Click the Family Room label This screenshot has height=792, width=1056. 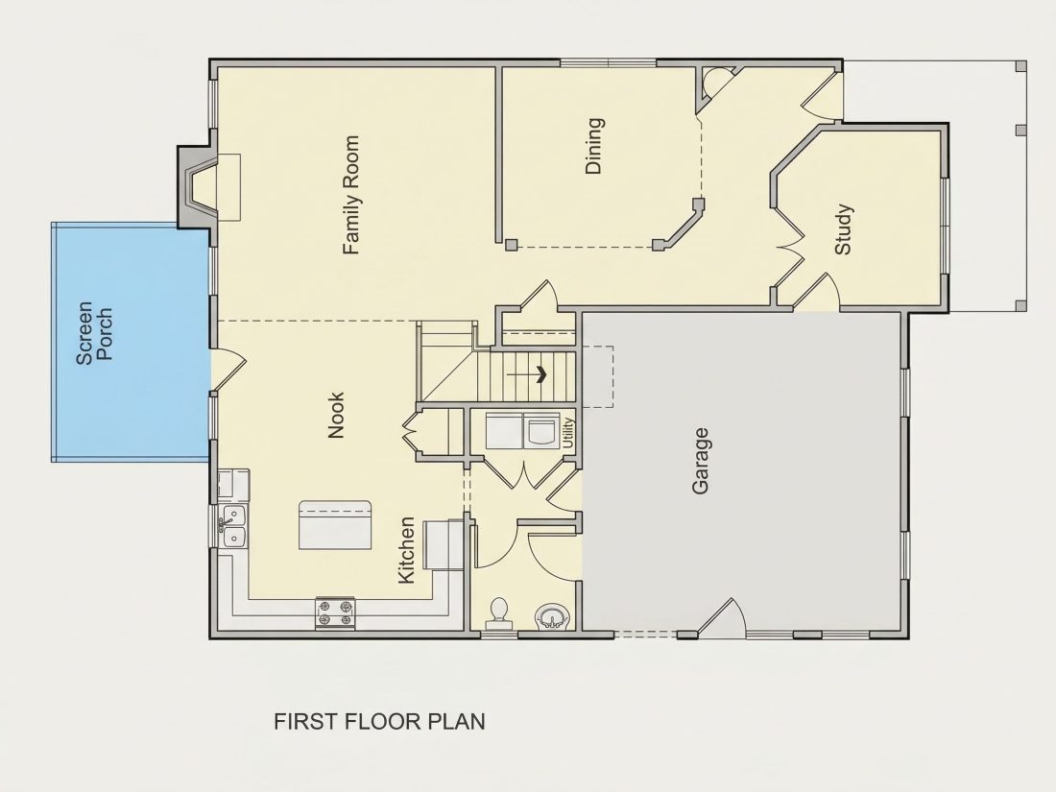(x=350, y=195)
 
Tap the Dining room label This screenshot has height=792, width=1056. (x=594, y=146)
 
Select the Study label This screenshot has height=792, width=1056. (x=843, y=229)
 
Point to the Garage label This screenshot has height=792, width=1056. (x=701, y=461)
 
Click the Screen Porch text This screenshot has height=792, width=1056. (x=94, y=333)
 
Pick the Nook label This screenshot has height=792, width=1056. (x=335, y=416)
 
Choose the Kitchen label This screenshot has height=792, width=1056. (x=406, y=550)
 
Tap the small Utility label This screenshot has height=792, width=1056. (x=567, y=432)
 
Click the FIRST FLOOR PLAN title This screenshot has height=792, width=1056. (x=379, y=721)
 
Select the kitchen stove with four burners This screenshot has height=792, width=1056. (x=335, y=613)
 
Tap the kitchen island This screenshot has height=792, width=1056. (x=335, y=524)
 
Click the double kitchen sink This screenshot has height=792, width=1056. (x=232, y=526)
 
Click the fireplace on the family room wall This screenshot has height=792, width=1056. (x=198, y=187)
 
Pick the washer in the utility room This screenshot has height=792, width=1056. (x=542, y=431)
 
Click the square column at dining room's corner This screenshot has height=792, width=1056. (x=512, y=245)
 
